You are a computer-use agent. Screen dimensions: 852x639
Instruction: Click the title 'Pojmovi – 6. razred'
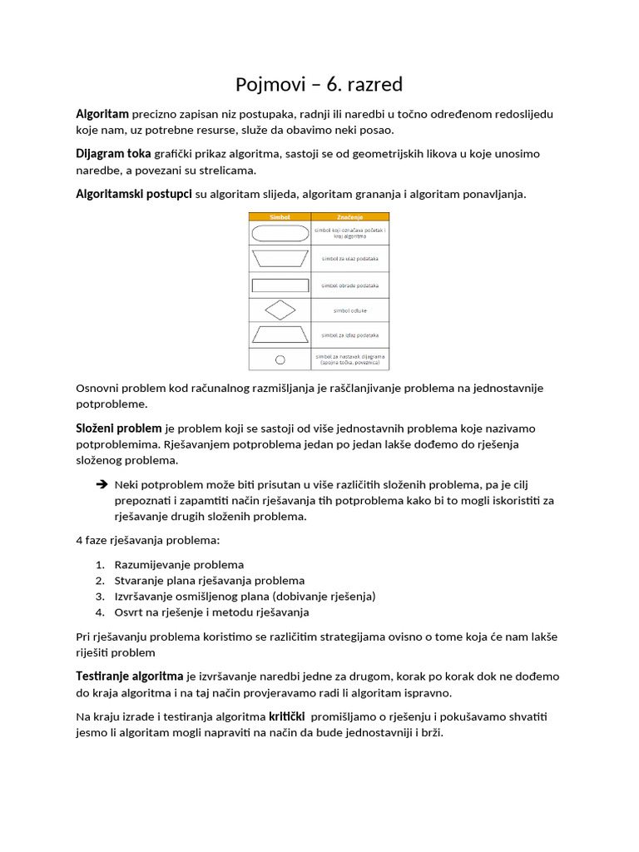pos(319,85)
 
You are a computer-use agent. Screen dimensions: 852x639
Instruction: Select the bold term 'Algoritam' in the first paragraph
pos(102,114)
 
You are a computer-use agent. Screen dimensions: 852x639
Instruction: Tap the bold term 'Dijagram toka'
pos(113,154)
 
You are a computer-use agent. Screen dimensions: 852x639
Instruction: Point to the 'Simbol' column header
pos(280,217)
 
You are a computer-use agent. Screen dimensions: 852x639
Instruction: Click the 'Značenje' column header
pos(349,217)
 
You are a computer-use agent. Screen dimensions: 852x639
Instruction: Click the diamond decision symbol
pos(280,310)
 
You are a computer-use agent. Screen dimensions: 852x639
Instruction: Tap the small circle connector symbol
pos(280,359)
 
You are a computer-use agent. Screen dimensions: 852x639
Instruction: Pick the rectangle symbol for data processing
pos(280,285)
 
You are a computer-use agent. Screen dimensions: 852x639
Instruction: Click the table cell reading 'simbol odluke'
pos(349,310)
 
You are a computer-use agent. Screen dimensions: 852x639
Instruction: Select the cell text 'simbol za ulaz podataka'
pos(349,259)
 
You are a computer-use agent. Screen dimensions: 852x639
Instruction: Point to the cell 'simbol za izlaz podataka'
pos(349,334)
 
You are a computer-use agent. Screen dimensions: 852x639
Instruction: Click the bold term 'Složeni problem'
pos(119,428)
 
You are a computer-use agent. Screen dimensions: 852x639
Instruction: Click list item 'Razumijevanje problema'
pos(179,564)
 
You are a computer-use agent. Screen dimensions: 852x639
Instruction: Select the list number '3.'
pos(100,597)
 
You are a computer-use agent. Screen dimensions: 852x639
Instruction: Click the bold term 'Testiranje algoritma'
pos(130,676)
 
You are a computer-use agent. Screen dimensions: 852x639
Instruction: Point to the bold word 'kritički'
pos(286,716)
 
